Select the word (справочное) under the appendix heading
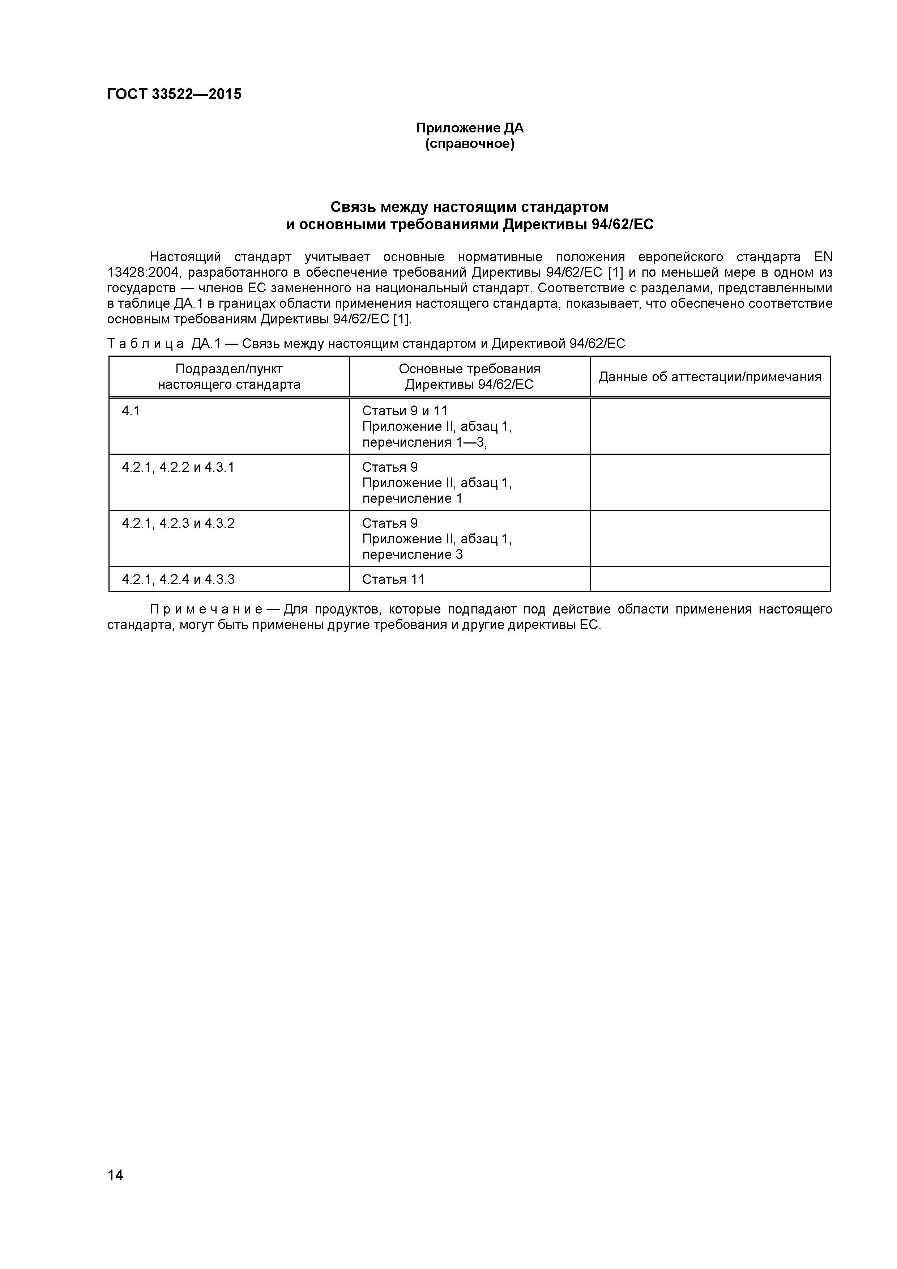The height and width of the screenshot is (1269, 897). tap(470, 144)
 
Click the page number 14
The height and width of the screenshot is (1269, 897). tap(115, 1191)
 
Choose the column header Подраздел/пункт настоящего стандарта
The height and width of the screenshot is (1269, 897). tap(229, 377)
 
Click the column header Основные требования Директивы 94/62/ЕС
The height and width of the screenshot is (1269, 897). tap(470, 377)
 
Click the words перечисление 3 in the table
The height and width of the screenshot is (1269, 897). tap(412, 554)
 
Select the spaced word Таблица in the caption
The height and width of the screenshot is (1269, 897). tap(145, 344)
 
